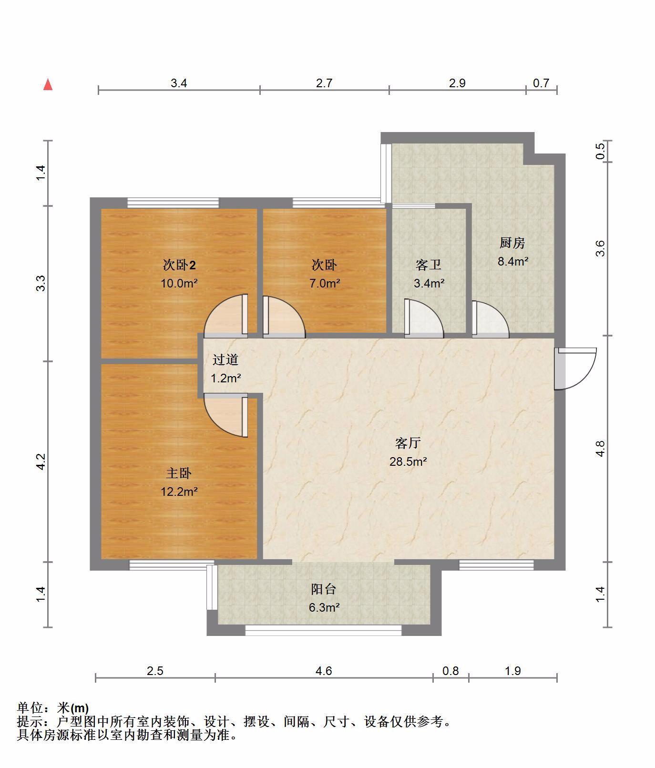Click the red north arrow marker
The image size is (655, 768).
(x=48, y=85)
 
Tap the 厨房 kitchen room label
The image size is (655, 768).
(x=512, y=243)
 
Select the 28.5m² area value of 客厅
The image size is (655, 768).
(x=408, y=461)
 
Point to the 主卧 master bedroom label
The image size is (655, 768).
(x=179, y=473)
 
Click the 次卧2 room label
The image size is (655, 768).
(x=179, y=265)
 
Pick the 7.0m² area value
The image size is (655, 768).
(x=325, y=283)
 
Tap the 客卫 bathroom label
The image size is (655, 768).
(x=428, y=265)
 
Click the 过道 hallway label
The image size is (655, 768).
(x=225, y=359)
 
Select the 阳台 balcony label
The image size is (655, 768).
(x=324, y=589)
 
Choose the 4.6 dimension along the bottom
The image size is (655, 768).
(x=324, y=671)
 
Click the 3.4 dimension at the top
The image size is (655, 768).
(x=179, y=83)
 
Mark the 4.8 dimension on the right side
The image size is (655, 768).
(x=600, y=449)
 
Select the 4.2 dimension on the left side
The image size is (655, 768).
(x=41, y=461)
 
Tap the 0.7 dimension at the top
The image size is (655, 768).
(x=541, y=83)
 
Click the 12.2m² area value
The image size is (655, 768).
(x=179, y=492)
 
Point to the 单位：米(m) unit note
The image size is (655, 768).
(x=53, y=708)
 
